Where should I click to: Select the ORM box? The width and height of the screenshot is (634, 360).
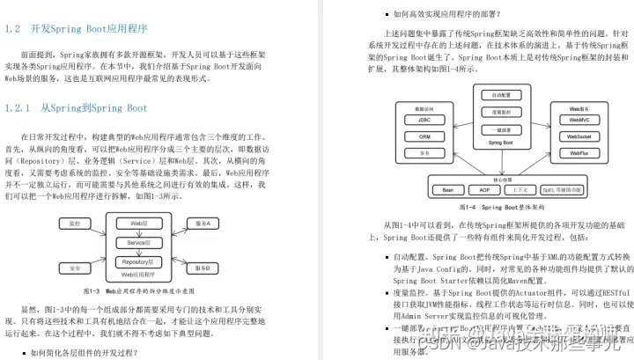tap(424, 138)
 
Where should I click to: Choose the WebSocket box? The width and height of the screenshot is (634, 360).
tap(579, 137)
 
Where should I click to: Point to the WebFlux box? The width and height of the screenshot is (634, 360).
tap(579, 152)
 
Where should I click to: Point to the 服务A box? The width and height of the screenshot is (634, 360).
tap(202, 224)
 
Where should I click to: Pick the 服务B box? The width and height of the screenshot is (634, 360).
tap(202, 268)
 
